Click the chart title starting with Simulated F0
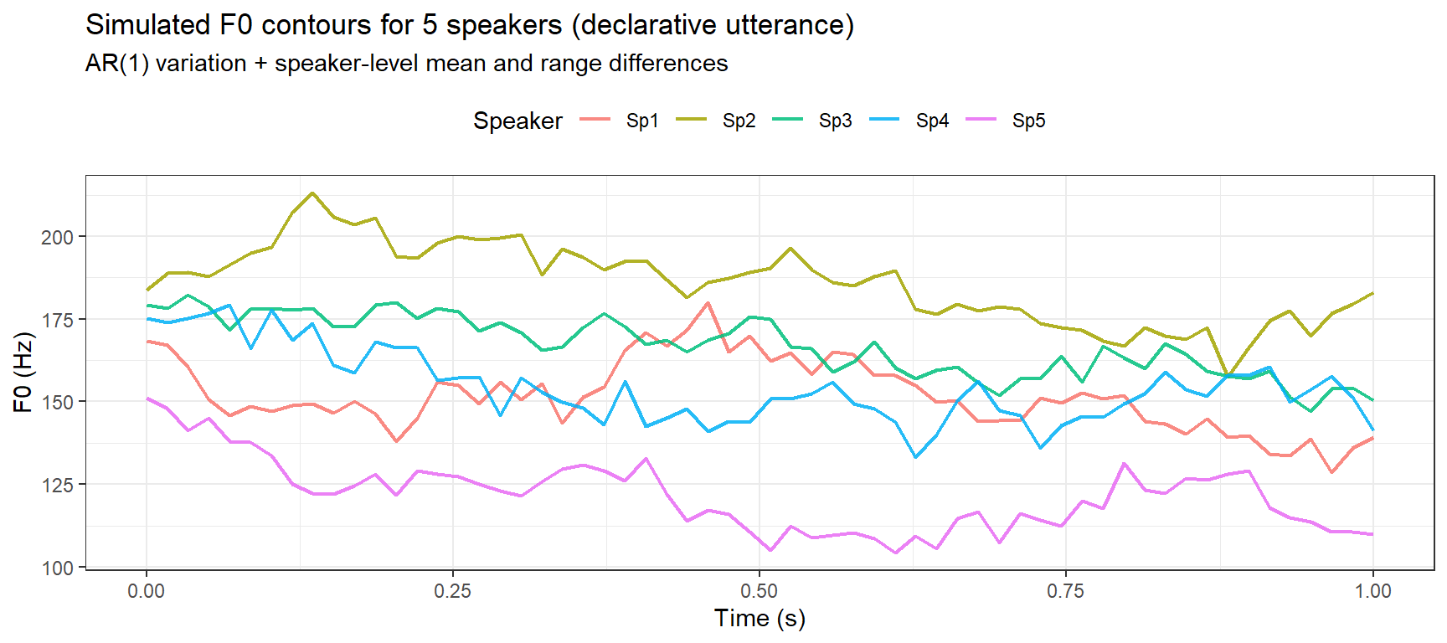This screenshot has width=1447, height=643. click(x=469, y=25)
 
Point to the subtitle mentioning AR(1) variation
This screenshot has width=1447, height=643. click(x=406, y=64)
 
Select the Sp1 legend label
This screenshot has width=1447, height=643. click(x=642, y=121)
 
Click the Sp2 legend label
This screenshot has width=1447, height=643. click(x=739, y=121)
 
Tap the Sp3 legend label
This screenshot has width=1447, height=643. click(x=835, y=121)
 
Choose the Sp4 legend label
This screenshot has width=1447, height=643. click(x=932, y=121)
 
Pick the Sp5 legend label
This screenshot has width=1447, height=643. click(x=1028, y=121)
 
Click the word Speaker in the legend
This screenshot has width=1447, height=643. click(x=518, y=121)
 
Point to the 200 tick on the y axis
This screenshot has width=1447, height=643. click(x=57, y=237)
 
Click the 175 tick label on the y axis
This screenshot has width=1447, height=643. click(x=57, y=320)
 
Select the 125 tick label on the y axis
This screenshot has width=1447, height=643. click(x=57, y=485)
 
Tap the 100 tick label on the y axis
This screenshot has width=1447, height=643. click(x=57, y=568)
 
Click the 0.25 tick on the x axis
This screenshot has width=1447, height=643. click(x=453, y=591)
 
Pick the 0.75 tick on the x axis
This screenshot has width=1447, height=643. click(x=1066, y=591)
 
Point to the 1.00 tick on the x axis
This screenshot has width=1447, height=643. click(x=1372, y=591)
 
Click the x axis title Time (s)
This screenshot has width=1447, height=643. click(x=760, y=619)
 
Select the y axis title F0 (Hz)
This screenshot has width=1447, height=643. click(x=23, y=373)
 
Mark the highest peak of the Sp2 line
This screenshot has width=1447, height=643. click(x=312, y=193)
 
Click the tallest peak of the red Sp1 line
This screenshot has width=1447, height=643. click(x=708, y=303)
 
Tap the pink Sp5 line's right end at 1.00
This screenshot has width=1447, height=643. click(x=1372, y=534)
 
